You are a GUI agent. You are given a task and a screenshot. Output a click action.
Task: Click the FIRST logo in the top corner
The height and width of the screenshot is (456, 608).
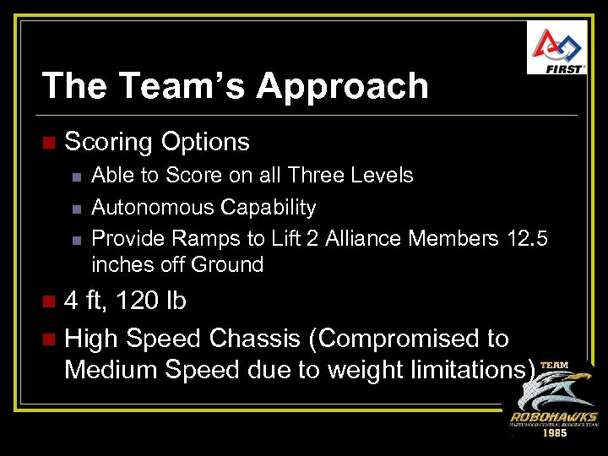556,47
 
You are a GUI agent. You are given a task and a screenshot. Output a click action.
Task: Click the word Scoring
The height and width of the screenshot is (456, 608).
109,141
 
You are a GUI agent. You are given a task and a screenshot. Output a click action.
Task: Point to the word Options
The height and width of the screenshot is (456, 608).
205,141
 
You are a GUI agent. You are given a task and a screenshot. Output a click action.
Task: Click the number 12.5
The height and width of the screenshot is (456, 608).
528,239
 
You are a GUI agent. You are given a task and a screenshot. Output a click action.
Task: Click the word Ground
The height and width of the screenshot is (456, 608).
227,264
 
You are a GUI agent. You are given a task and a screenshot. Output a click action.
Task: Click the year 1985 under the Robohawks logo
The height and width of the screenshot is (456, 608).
553,432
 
